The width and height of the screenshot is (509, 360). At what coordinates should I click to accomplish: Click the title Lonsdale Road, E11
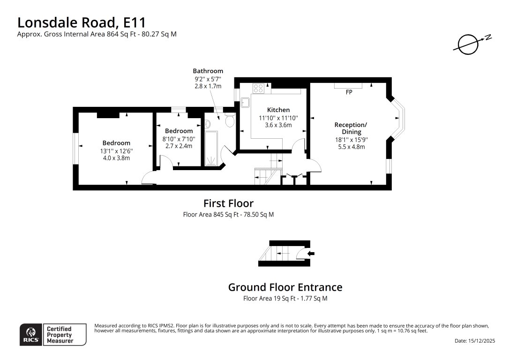[x=82, y=22]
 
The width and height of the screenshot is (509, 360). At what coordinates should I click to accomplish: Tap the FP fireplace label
[x=349, y=93]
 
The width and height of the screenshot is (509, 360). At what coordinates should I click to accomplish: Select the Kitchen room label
[x=278, y=110]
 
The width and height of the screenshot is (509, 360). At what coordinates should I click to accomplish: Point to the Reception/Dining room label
[x=351, y=128]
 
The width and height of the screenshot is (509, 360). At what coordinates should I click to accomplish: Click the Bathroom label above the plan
[x=208, y=71]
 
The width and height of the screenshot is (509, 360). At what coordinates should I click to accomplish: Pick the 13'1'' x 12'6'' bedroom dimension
[x=116, y=151]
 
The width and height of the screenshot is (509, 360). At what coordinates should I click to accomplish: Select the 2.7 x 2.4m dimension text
[x=179, y=146]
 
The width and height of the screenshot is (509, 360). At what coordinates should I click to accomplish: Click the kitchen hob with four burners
[x=258, y=88]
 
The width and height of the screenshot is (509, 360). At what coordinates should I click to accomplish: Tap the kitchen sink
[x=246, y=102]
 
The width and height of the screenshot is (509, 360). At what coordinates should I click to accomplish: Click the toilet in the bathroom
[x=230, y=122]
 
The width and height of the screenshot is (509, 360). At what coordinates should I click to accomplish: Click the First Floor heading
[x=228, y=203]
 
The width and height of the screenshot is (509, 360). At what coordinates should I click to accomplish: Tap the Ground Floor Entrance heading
[x=285, y=287]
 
